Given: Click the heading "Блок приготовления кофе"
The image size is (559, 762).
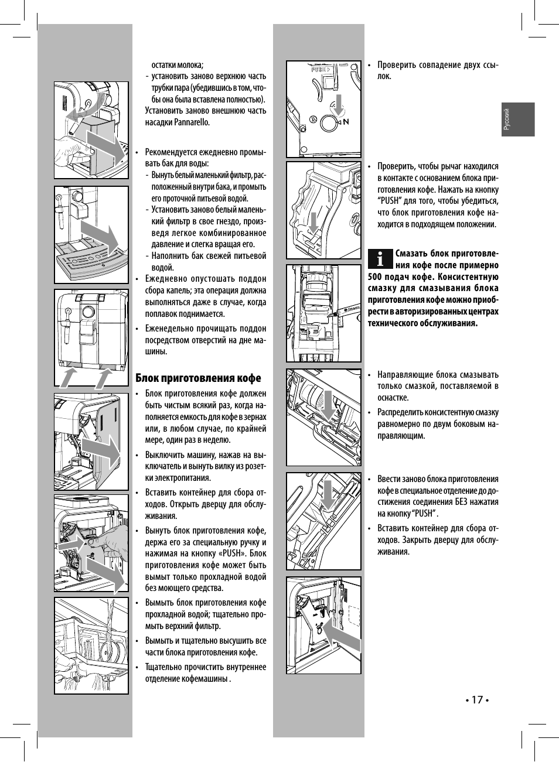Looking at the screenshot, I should pyautogui.click(x=198, y=378).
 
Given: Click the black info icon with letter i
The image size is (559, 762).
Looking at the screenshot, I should pyautogui.click(x=381, y=257).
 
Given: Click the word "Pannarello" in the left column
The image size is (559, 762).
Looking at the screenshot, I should pyautogui.click(x=192, y=122).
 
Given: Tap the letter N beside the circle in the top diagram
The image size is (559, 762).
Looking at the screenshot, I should pyautogui.click(x=346, y=121).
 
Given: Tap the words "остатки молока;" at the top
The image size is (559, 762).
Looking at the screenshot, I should pyautogui.click(x=178, y=65).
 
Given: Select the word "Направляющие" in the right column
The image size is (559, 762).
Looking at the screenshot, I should pyautogui.click(x=405, y=375).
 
